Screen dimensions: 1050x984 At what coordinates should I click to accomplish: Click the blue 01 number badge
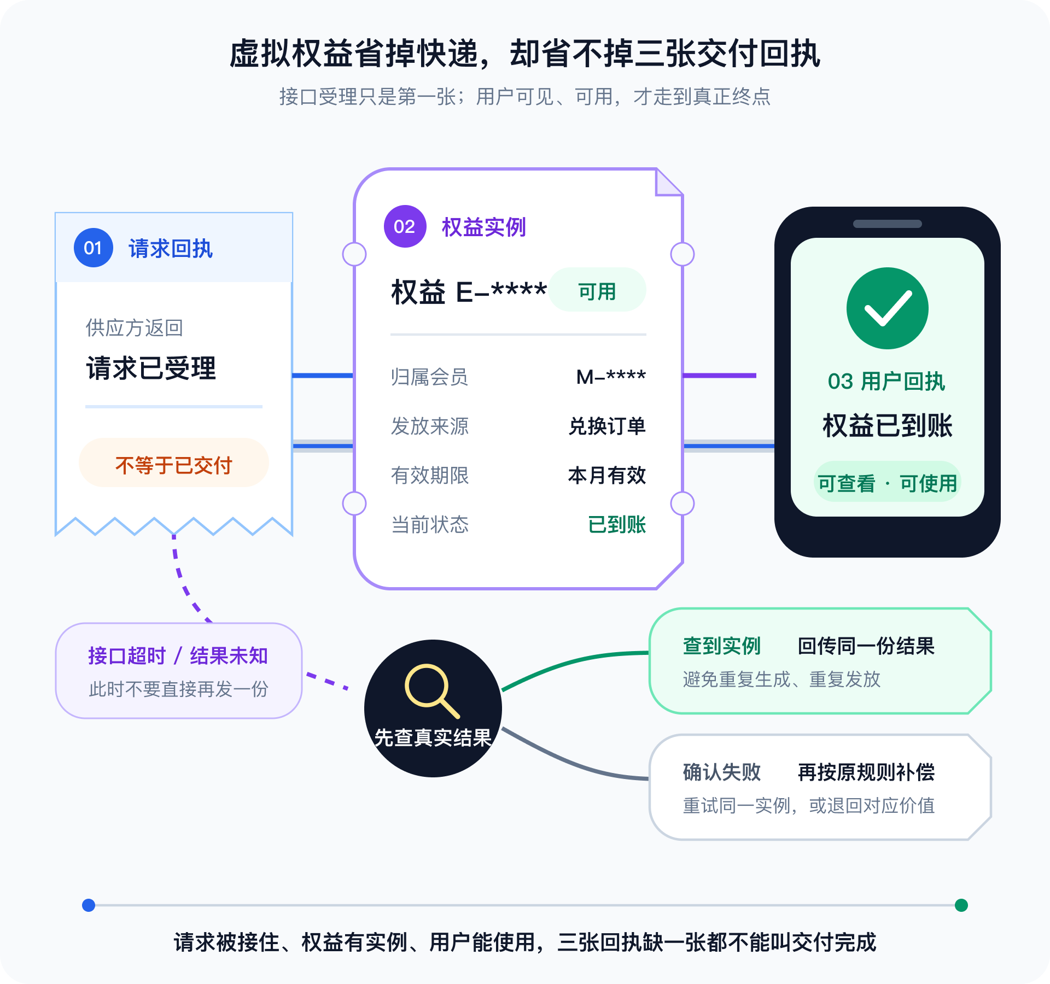coord(94,248)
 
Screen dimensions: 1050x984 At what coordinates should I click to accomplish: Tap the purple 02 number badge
coord(405,226)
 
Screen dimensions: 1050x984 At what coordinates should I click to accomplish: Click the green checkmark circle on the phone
coord(888,308)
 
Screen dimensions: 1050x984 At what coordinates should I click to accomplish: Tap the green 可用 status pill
coord(597,290)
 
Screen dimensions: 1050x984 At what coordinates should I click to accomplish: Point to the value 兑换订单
coord(607,426)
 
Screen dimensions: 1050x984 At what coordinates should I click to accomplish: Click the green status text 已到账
coord(617,524)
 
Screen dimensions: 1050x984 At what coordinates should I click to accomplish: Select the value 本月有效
coord(607,475)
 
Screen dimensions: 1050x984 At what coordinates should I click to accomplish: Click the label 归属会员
coord(429,377)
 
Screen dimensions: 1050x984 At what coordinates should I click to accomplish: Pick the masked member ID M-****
coord(611,377)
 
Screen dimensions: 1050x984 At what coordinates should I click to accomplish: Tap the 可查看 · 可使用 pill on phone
coord(888,482)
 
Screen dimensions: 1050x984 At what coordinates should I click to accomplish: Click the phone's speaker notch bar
coord(888,224)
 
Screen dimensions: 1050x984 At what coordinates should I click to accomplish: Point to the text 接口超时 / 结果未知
coord(178,655)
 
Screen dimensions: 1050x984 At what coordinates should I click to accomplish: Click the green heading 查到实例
coord(722,646)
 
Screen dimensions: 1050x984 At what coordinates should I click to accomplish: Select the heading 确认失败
coord(722,772)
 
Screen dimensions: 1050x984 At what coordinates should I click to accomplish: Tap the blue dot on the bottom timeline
coord(89,905)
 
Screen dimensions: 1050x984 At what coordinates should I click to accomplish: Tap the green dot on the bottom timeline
coord(961,905)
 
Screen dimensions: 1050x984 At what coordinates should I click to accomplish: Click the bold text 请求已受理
coord(151,368)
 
